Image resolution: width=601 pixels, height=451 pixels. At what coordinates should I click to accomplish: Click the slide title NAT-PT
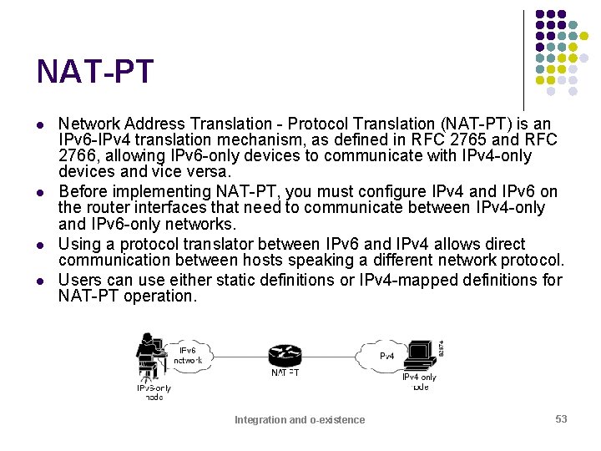[x=94, y=72]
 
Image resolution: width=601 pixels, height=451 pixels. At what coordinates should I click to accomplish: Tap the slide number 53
[x=561, y=418]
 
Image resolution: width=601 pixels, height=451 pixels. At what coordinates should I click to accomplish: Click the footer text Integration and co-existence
[x=300, y=420]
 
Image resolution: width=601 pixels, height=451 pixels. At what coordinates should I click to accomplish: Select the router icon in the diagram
[x=285, y=354]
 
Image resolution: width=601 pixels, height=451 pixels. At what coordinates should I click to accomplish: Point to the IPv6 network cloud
[x=188, y=354]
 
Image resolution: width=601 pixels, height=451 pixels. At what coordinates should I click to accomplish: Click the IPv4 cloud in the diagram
[x=386, y=355]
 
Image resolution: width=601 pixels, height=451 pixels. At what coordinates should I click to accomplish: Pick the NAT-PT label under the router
[x=285, y=373]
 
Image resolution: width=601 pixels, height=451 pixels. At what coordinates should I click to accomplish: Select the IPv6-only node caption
[x=154, y=392]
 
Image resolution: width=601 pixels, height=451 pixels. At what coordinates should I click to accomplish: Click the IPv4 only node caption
[x=420, y=382]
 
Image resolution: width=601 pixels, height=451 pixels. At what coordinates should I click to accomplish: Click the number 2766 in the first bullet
[x=77, y=156]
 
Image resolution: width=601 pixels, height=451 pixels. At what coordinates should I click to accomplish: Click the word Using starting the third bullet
[x=79, y=244]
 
